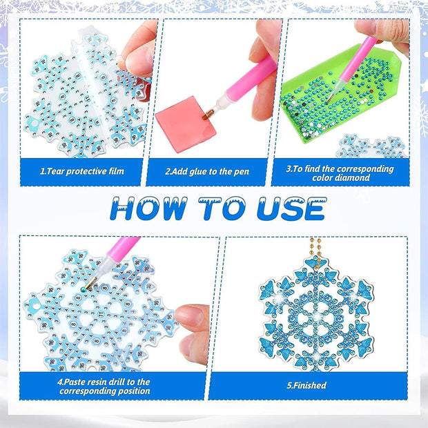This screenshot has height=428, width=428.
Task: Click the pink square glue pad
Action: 186,124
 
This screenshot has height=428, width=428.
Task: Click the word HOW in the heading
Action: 148,208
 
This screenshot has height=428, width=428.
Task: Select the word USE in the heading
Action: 292,208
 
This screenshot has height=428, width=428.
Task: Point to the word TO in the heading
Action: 222,208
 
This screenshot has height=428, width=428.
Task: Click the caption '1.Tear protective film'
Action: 82,171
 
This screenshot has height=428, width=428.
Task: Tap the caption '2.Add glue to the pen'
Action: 207,172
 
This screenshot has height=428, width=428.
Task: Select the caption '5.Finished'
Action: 307,385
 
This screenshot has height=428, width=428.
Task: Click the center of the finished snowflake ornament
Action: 315,318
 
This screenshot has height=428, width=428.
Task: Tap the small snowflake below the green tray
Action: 372,146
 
